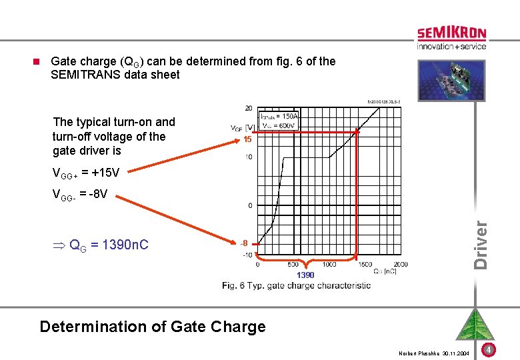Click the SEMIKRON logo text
pyautogui.click(x=451, y=33)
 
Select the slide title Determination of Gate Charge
pyautogui.click(x=153, y=327)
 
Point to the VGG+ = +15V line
pyautogui.click(x=86, y=173)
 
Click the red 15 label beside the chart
pyautogui.click(x=247, y=140)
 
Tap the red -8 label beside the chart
pyautogui.click(x=245, y=243)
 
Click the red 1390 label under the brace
pyautogui.click(x=305, y=275)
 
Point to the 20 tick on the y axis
pyautogui.click(x=248, y=108)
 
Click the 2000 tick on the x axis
pyautogui.click(x=401, y=265)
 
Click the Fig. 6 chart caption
pyautogui.click(x=297, y=285)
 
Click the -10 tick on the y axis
pyautogui.click(x=247, y=255)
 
